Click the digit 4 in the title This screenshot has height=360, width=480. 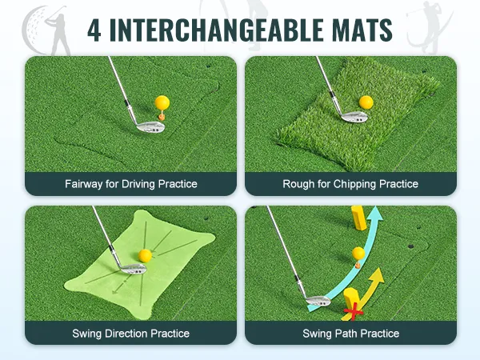click(x=94, y=30)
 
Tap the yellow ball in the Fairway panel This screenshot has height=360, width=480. click(x=162, y=103)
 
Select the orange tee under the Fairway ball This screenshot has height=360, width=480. click(x=162, y=116)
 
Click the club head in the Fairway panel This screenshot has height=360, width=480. click(x=150, y=126)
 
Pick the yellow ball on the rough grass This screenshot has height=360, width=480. click(x=366, y=102)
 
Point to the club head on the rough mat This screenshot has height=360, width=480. click(x=354, y=116)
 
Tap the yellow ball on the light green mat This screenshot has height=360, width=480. click(x=145, y=256)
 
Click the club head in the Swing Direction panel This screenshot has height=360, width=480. click(x=133, y=269)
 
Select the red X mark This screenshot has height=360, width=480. click(x=354, y=312)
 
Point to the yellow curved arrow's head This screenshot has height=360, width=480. click(x=378, y=275)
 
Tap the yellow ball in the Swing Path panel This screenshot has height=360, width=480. click(x=358, y=254)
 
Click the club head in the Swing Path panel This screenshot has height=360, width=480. click(x=318, y=301)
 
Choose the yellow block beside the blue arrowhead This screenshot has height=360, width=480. click(x=358, y=218)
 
